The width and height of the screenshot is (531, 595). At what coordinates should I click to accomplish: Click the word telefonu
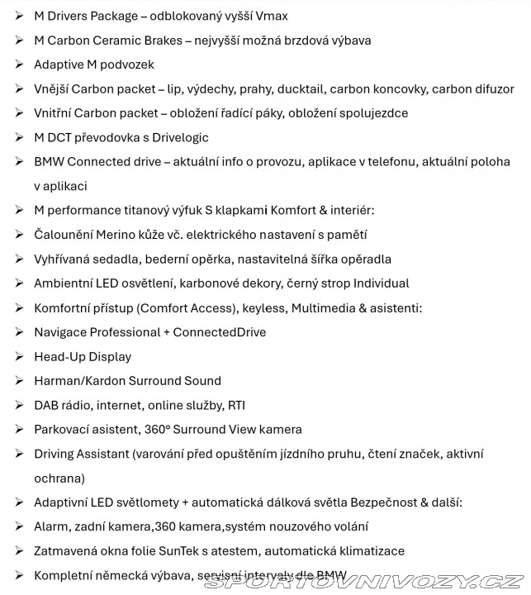pyautogui.click(x=391, y=162)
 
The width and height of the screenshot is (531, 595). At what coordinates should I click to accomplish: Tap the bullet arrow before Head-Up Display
pyautogui.click(x=20, y=357)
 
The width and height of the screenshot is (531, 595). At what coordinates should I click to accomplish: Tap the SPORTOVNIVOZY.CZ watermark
pyautogui.click(x=364, y=581)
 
